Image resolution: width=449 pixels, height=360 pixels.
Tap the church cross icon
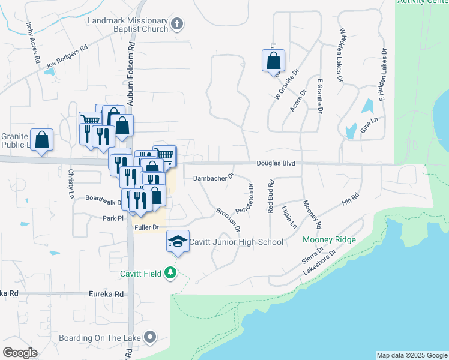pos(176,25)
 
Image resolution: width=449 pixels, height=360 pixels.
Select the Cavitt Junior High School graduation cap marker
pos(178,242)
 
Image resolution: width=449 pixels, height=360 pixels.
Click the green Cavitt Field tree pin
pos(172,274)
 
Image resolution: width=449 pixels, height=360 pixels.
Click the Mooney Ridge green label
pos(329,239)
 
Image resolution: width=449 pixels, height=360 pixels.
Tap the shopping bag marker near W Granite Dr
pos(273,61)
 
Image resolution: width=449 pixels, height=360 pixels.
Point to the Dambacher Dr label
pos(212,178)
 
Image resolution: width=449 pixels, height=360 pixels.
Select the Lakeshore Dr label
pos(318,263)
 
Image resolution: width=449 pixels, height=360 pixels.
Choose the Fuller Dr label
pos(146,227)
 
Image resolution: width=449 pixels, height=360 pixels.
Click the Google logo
pos(20,352)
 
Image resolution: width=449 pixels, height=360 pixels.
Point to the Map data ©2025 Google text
pos(412,355)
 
